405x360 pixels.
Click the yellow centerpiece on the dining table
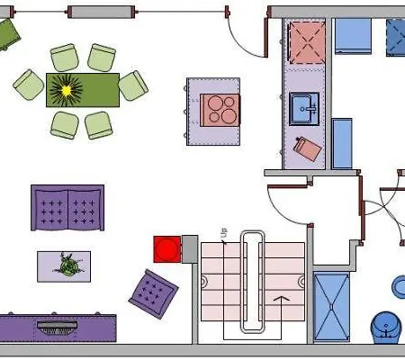tap(67, 90)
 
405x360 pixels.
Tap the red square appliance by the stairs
tap(167, 249)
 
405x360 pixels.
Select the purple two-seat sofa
tap(67, 208)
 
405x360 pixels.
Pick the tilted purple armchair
tap(153, 293)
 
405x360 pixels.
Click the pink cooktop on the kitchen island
tap(220, 110)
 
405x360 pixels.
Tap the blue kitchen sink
tap(304, 109)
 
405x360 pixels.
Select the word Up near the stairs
tap(224, 233)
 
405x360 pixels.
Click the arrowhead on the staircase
tap(282, 299)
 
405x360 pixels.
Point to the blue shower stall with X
tap(331, 307)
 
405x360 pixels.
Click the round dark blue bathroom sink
tap(386, 328)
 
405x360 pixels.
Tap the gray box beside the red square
tap(190, 249)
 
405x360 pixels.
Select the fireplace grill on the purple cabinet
tap(57, 328)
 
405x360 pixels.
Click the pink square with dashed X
tap(307, 42)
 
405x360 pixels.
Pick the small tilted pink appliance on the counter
tap(308, 149)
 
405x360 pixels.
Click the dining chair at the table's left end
tap(29, 85)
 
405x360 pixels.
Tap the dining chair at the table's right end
tap(133, 85)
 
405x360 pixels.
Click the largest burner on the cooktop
tap(229, 116)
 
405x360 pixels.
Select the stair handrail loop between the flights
tap(253, 282)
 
